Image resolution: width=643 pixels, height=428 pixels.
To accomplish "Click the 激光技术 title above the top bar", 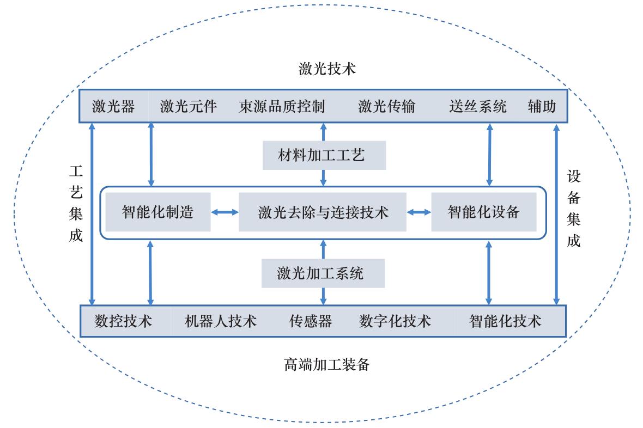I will [327, 69].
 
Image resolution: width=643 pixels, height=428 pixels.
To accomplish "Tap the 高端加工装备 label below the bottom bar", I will [327, 364].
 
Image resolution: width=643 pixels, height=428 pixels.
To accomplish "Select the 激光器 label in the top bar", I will [113, 106].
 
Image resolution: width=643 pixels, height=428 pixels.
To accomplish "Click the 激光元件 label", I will [189, 106].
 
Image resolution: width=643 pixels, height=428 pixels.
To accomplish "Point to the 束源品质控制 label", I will [282, 106].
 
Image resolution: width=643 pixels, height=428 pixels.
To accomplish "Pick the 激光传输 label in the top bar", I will [386, 106].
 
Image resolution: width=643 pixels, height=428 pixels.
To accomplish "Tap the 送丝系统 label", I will [478, 106].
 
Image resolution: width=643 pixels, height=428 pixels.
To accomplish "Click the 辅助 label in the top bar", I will [542, 106].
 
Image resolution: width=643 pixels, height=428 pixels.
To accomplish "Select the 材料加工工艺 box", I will [324, 156].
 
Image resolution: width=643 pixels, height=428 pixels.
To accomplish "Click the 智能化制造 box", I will [158, 212].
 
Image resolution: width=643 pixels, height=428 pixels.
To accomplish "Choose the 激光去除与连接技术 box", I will [323, 212].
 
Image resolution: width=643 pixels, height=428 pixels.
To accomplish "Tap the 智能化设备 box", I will [483, 212].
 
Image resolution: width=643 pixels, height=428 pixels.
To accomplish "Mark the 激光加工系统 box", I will [323, 273].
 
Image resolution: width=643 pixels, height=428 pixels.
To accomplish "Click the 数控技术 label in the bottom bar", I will [123, 321].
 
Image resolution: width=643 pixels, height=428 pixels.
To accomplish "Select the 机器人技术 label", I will [221, 321].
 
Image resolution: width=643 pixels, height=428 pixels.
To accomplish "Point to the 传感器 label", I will [310, 321].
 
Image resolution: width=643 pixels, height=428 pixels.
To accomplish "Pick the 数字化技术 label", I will [395, 321].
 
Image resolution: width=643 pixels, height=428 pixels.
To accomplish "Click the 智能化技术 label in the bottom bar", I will [505, 321].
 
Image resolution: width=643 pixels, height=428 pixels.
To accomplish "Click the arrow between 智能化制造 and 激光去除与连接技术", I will [225, 212].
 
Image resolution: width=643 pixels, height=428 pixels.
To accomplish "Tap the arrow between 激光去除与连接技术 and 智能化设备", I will [418, 212].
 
